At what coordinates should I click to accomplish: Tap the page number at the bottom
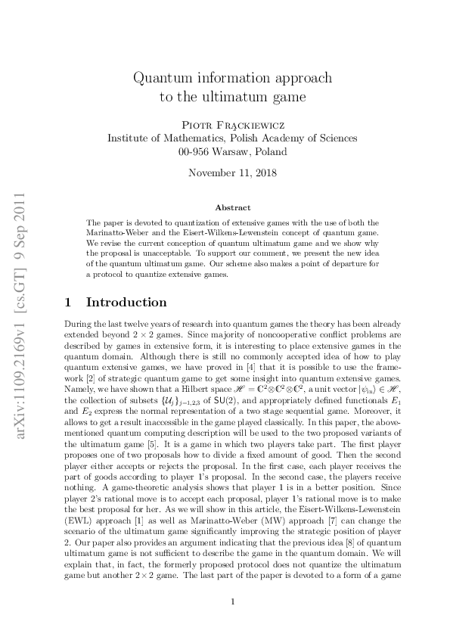233,601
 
